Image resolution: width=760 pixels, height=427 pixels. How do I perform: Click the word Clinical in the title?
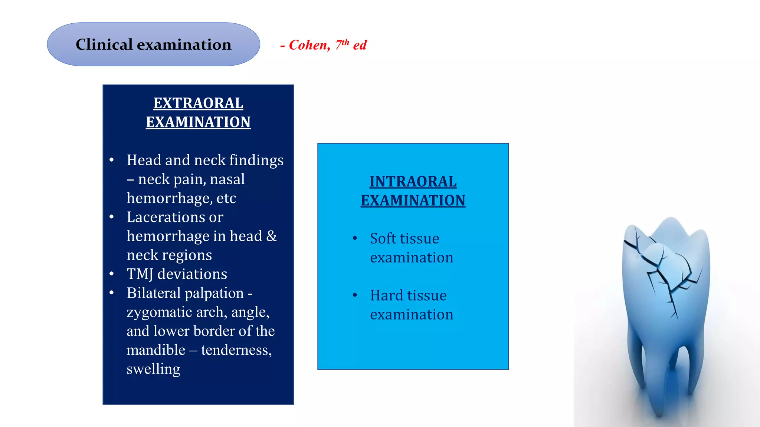click(104, 44)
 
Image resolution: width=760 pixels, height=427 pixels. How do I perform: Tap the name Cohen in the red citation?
click(309, 45)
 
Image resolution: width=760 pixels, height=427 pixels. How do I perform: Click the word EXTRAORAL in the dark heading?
click(198, 103)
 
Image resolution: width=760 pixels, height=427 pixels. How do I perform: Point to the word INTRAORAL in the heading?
click(413, 182)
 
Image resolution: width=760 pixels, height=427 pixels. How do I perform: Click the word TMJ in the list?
click(140, 274)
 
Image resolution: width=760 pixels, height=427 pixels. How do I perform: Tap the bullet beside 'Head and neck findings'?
click(112, 160)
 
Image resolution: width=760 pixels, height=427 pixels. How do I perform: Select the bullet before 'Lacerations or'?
click(112, 217)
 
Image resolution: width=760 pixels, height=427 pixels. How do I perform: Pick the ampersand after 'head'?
click(272, 236)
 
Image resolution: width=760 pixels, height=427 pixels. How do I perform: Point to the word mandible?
click(156, 350)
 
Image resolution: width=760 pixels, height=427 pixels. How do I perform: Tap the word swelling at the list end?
click(153, 369)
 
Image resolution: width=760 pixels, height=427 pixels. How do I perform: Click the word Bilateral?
click(153, 293)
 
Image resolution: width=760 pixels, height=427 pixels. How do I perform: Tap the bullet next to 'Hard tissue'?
click(355, 295)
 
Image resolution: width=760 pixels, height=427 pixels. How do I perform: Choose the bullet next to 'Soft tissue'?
click(355, 238)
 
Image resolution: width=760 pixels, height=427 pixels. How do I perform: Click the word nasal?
click(227, 179)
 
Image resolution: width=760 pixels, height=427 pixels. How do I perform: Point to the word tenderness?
click(236, 350)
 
